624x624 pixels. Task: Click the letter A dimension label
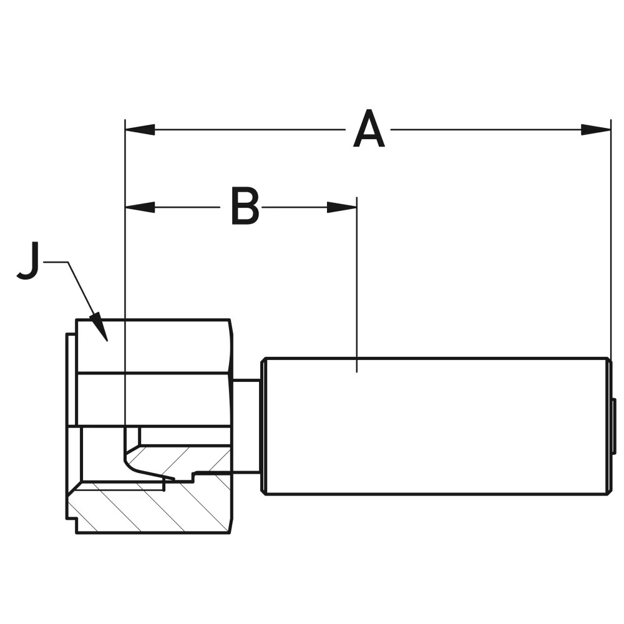point(368,130)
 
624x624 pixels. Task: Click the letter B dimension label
point(245,207)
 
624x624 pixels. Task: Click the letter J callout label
point(28,261)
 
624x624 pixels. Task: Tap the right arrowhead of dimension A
point(596,130)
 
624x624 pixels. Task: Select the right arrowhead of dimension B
point(342,207)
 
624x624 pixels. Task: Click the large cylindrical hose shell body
point(437,426)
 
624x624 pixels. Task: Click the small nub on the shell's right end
point(613,426)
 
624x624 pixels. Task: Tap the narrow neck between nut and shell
point(246,426)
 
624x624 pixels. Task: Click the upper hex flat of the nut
point(153,346)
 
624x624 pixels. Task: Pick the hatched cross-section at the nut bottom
point(150,509)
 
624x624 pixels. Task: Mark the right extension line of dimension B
point(356,281)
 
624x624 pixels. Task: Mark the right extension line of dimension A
point(610,250)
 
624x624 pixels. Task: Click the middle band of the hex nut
point(153,399)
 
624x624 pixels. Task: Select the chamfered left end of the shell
point(265,426)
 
